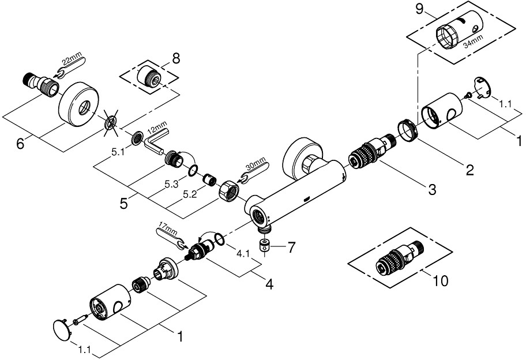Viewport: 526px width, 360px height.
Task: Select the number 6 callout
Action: click(21, 144)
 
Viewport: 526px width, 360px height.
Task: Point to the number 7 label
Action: click(291, 247)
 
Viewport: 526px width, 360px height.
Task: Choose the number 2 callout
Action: click(470, 170)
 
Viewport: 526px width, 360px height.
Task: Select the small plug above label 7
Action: click(265, 246)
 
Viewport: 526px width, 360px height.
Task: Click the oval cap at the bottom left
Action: click(61, 331)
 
